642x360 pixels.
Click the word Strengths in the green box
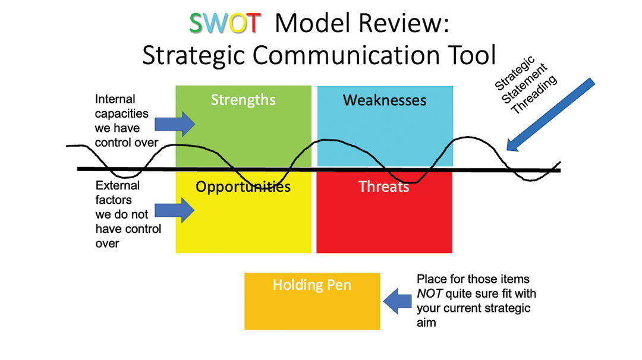click(243, 100)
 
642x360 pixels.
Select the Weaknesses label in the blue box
click(385, 100)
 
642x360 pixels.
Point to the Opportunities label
click(243, 187)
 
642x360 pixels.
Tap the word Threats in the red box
click(384, 187)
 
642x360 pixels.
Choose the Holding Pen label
click(312, 285)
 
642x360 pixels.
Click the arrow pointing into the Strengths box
click(174, 124)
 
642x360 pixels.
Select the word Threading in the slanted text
click(534, 94)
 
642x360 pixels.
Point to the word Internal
click(115, 99)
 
